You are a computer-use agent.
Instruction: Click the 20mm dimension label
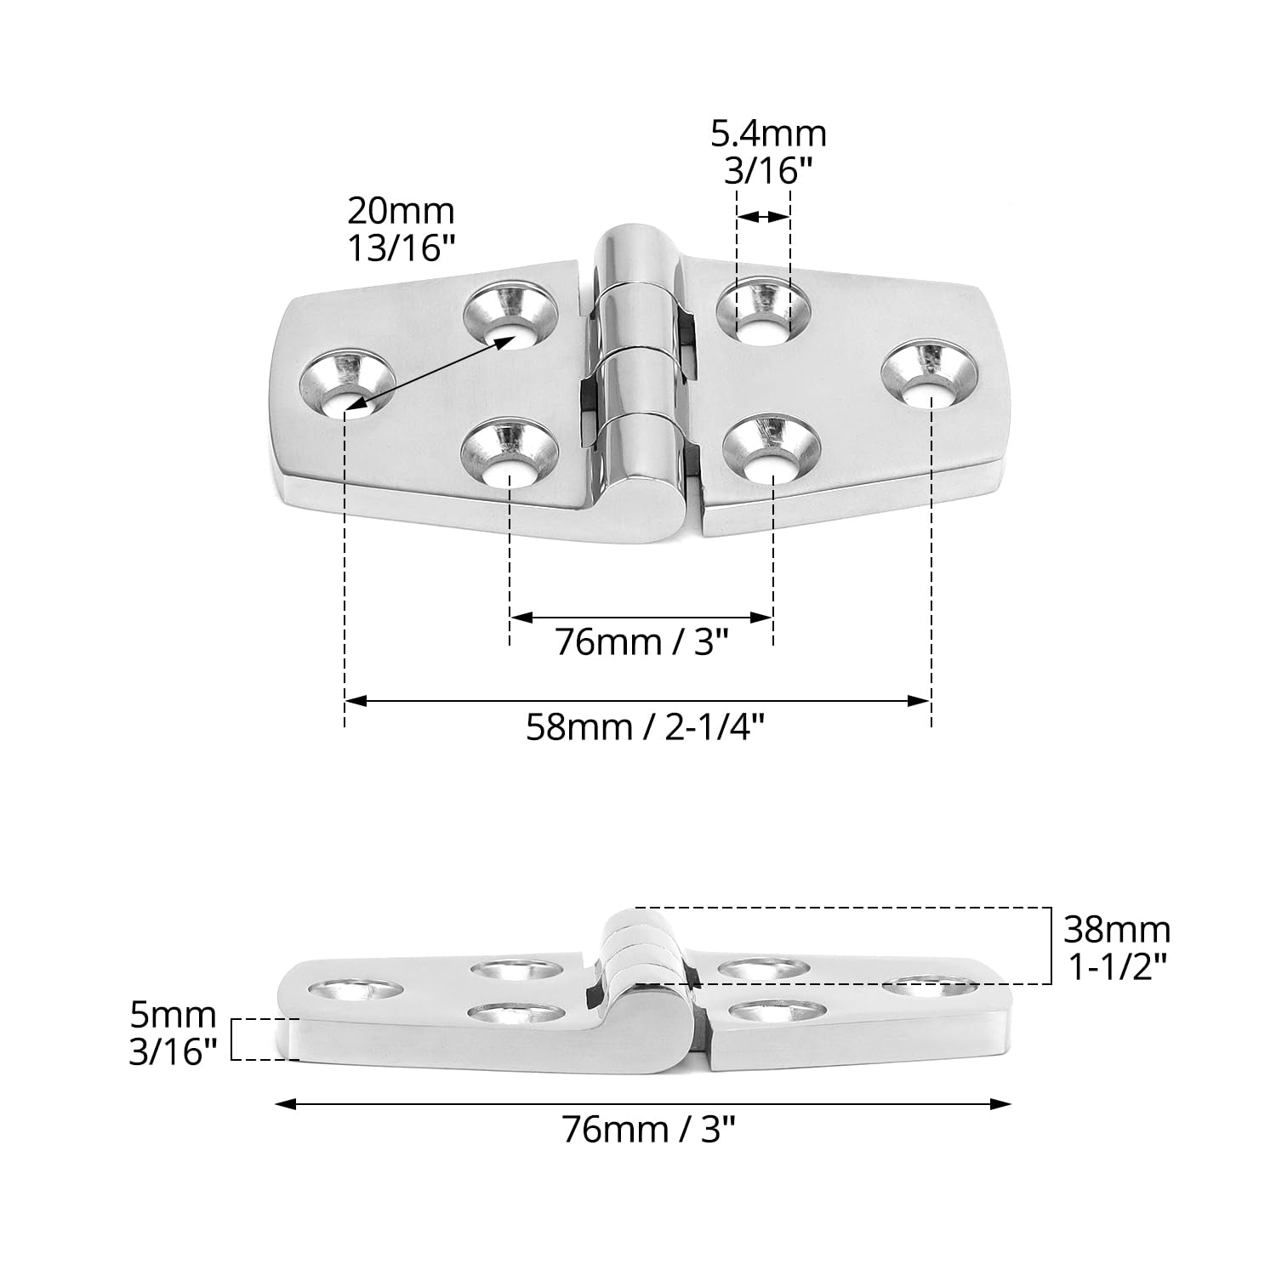(401, 210)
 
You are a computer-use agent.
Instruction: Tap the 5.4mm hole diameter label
(769, 134)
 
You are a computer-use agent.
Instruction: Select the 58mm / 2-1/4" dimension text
(646, 727)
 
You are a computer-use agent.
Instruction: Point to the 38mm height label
(1117, 930)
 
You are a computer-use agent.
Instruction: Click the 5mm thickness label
(173, 1015)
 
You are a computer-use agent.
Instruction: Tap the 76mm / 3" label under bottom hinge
(648, 1130)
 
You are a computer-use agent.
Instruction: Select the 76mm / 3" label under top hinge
(643, 641)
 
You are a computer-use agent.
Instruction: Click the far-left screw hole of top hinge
(348, 386)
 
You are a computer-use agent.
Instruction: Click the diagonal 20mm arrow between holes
(430, 373)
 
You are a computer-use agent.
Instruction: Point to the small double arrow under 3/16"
(763, 217)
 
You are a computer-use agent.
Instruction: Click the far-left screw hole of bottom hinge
(355, 990)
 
